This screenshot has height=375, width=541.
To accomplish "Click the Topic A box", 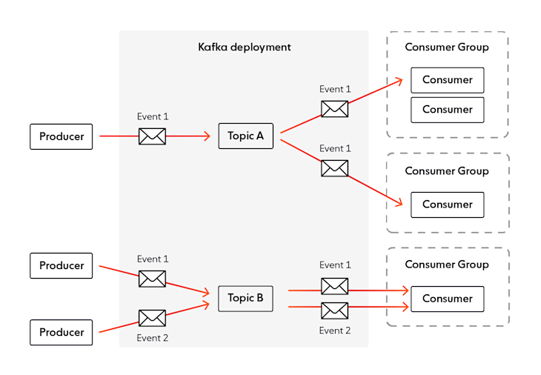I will click(x=245, y=136).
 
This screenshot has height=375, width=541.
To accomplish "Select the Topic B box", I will click(x=245, y=298).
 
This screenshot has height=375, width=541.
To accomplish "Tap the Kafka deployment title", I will click(x=244, y=47).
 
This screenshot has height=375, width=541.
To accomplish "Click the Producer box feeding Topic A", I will click(x=62, y=136).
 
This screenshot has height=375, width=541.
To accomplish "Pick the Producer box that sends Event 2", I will click(x=62, y=332).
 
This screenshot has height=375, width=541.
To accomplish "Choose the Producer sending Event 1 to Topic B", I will click(x=62, y=265).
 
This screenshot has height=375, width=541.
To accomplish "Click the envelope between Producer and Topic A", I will click(x=152, y=136).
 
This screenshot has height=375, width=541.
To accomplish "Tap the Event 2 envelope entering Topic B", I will click(x=152, y=318).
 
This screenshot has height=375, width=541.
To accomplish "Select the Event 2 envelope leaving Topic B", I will click(x=334, y=310).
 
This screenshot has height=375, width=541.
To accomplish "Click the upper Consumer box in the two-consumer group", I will click(x=447, y=80).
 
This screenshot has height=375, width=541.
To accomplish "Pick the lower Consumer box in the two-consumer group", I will click(x=447, y=110).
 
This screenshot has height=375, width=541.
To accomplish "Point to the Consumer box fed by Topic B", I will click(x=447, y=299).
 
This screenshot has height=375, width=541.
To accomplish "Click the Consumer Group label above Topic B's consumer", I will click(x=447, y=265).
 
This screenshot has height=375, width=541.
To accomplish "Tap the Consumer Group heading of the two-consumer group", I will click(x=447, y=47).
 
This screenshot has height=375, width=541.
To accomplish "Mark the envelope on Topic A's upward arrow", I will click(x=334, y=109).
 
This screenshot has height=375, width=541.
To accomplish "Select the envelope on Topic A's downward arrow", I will click(x=334, y=168).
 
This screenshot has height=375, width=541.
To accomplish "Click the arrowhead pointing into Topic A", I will click(x=208, y=136).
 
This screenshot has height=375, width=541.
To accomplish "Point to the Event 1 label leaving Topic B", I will click(x=335, y=265).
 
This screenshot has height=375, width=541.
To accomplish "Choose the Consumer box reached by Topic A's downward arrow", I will click(x=447, y=205).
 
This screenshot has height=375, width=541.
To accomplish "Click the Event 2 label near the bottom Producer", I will click(x=152, y=338).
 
